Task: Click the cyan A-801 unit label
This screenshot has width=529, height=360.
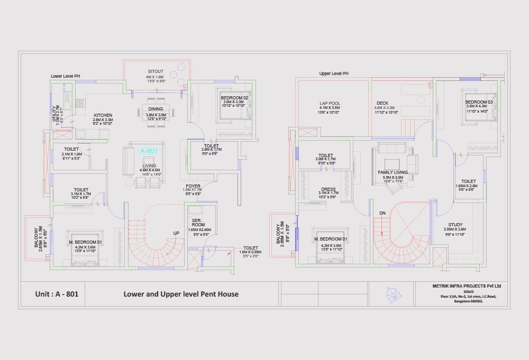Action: click(149, 151)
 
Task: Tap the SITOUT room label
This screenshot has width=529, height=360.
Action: click(156, 71)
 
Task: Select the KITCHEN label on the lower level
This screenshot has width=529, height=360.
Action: click(103, 115)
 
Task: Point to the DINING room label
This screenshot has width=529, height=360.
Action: click(156, 109)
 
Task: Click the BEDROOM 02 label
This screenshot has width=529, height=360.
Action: click(234, 98)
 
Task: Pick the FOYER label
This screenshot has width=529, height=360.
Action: click(193, 186)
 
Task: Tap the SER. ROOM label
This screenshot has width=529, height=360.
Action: click(199, 223)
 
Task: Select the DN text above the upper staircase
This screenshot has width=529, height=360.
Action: click(382, 213)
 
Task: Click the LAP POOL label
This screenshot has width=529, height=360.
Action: click(330, 104)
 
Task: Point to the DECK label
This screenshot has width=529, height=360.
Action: click(382, 104)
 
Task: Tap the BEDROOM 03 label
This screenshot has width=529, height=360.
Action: click(479, 101)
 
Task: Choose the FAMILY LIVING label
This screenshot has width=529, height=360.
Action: click(393, 172)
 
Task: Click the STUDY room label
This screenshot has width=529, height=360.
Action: click(455, 225)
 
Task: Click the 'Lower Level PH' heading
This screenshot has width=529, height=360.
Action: click(65, 76)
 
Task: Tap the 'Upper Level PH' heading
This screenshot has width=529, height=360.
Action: click(334, 73)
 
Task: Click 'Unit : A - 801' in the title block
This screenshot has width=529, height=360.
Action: click(57, 294)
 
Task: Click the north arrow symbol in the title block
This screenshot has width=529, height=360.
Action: click(393, 293)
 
